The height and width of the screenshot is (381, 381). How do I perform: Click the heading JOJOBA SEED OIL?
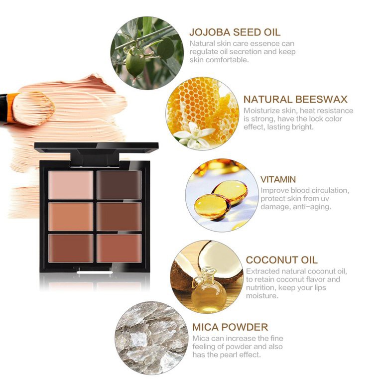pos(235,32)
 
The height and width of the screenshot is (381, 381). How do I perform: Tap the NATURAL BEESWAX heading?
pos(295,100)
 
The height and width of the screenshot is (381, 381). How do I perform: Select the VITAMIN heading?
pos(278,179)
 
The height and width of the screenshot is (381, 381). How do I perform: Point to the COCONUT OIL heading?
pos(281,260)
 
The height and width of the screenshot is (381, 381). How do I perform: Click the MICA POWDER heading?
pos(230,327)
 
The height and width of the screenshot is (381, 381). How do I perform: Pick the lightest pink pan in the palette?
pos(71,185)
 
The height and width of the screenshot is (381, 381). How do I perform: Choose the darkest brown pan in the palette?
pos(119,185)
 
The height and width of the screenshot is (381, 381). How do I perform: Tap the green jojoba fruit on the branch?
pos(135,61)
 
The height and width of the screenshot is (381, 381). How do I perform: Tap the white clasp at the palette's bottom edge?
pos(95,272)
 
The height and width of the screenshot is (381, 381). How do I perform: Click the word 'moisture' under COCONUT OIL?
pos(261,296)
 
